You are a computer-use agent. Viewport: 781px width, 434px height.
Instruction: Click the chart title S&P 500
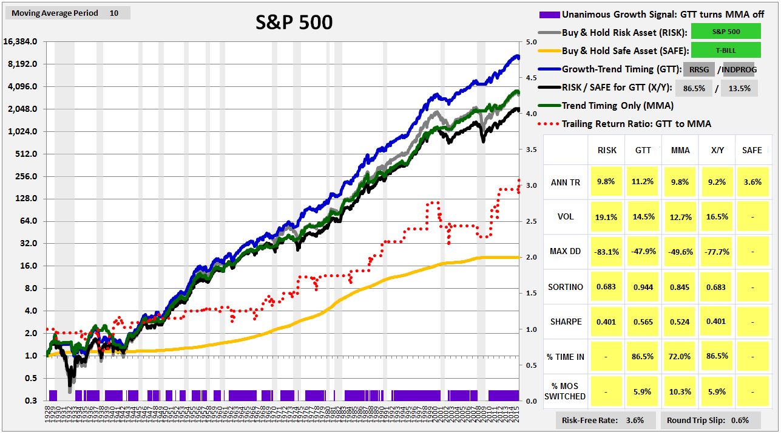pos(294,22)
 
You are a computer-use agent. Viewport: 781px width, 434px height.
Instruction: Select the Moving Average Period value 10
pos(114,13)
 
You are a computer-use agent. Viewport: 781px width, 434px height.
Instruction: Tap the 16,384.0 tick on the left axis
pos(21,41)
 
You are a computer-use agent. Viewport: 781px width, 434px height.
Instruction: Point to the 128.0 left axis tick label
pos(25,199)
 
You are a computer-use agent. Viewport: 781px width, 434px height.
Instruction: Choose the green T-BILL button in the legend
pos(725,50)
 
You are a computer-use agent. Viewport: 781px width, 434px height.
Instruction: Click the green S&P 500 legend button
pos(725,32)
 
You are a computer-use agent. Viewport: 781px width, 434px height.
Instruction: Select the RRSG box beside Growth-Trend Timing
pos(699,69)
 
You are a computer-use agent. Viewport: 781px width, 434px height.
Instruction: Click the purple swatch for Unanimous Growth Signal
pos(548,14)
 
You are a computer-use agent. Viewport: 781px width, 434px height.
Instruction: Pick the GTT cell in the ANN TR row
pos(643,182)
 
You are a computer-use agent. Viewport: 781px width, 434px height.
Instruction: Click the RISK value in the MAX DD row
pos(606,252)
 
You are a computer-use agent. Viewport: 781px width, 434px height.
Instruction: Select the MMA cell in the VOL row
pos(680,217)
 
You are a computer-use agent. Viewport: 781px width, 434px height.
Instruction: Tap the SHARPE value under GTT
pos(643,322)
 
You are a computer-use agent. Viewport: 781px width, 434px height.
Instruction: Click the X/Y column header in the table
pos(717,150)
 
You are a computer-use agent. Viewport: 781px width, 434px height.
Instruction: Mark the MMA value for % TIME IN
pos(680,356)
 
